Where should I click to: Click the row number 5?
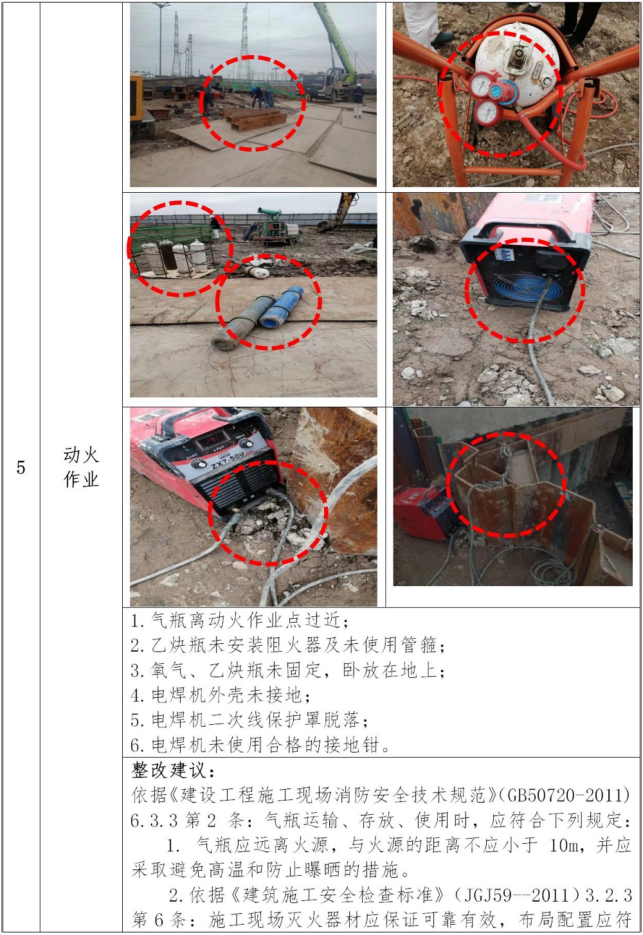[21, 467]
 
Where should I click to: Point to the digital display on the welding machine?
[213, 439]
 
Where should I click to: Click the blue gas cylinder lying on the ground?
[282, 307]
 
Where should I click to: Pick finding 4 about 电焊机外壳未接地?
[220, 695]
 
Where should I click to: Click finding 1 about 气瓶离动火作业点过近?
[239, 621]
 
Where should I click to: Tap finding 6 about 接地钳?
[260, 745]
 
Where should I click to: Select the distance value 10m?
[564, 846]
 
